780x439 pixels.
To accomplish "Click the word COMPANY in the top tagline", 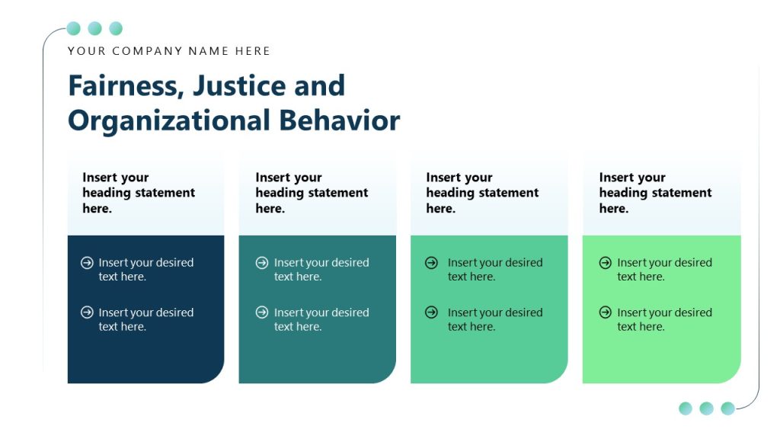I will [148, 51].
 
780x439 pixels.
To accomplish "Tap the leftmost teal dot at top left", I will [74, 29].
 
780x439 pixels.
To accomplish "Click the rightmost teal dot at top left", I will [116, 29].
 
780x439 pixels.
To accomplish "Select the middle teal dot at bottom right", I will [706, 409].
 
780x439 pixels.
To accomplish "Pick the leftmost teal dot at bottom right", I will [686, 409].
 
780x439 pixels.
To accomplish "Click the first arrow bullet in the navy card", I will [87, 263].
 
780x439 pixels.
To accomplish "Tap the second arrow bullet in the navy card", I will [87, 312].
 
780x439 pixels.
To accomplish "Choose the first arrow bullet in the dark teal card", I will [262, 263].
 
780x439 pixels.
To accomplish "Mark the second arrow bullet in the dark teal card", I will [262, 312].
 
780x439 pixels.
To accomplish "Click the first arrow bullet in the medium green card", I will [431, 263].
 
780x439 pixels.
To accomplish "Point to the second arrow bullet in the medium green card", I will [431, 312].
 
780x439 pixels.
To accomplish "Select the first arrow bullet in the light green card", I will [606, 263].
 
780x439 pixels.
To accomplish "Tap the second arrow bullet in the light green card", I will [606, 312].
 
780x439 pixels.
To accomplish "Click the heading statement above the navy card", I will [139, 193].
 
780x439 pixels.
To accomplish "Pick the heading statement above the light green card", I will [655, 193].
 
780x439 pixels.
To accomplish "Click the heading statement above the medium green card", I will [482, 193].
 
